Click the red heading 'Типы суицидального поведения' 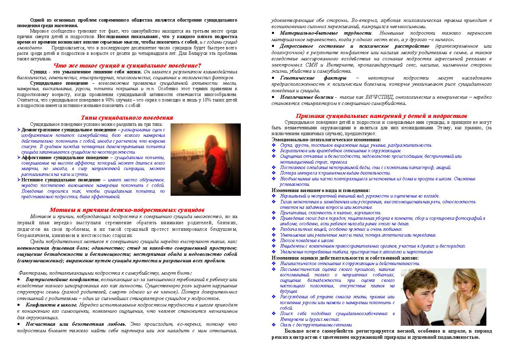[x=127, y=118]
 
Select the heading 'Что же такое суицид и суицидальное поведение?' [x=127, y=65]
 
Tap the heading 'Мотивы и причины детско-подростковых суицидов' [x=127, y=209]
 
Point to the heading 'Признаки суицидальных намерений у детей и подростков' [x=381, y=116]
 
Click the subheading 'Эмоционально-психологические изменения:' [x=326, y=140]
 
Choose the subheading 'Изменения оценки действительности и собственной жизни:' [x=345, y=257]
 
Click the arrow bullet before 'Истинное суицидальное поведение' [x=19, y=180]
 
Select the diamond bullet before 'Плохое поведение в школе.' [x=273, y=240]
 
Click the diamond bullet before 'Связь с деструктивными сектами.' [x=273, y=325]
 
